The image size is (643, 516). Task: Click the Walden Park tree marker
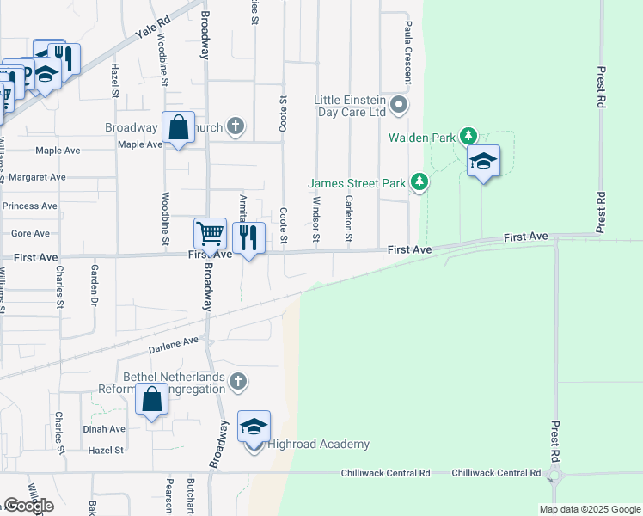pos(468,137)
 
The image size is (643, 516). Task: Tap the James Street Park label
pos(357,182)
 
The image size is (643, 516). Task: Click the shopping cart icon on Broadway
pos(210,234)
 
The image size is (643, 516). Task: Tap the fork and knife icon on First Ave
pos(248,236)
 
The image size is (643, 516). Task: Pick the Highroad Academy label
pos(318,445)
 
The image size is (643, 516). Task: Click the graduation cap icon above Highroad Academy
pos(254,427)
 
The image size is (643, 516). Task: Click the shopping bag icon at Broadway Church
pos(178,128)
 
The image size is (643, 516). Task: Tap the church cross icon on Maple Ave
pos(236,128)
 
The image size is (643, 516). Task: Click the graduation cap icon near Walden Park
pos(483,161)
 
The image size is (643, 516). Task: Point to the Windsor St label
pos(316,218)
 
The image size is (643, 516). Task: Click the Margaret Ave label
pos(37,177)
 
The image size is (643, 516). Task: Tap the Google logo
pos(28,506)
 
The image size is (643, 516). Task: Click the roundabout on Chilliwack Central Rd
pos(554,475)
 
